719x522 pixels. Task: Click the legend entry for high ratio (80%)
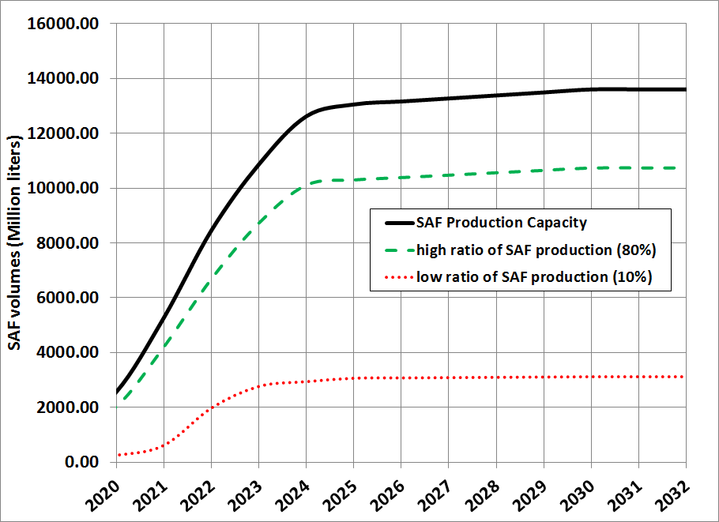pyautogui.click(x=537, y=251)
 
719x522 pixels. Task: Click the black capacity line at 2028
pyautogui.click(x=496, y=96)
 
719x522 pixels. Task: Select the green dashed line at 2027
pyautogui.click(x=449, y=175)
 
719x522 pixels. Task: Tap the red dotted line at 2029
pyautogui.click(x=544, y=377)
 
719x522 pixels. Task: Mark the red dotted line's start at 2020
pyautogui.click(x=118, y=455)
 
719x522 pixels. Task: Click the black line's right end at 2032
pyautogui.click(x=685, y=89)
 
